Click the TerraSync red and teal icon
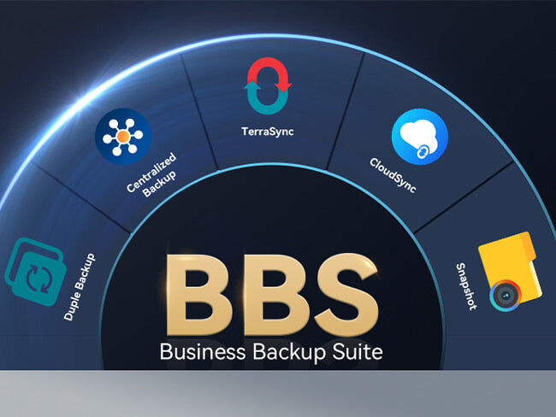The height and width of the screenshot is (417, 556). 269,85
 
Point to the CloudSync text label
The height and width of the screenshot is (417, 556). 393,175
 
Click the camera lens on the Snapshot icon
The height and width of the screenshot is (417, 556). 502,297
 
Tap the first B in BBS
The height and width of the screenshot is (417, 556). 196,294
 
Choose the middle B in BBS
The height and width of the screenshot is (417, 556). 272,294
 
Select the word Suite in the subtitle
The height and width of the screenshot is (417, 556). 356,350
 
